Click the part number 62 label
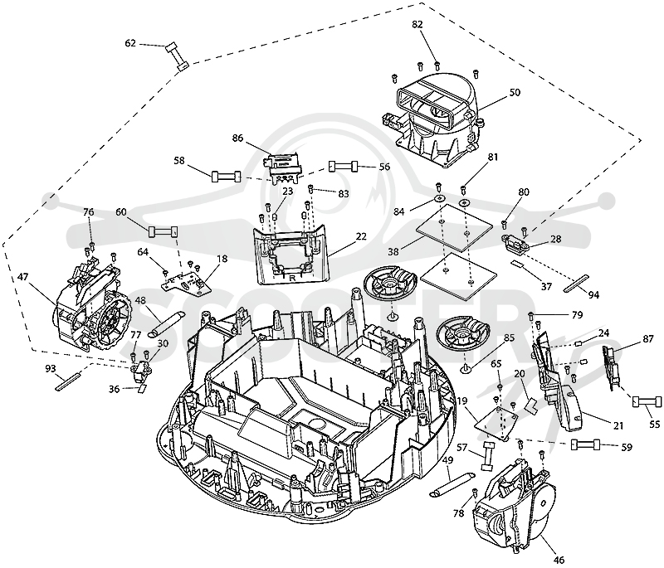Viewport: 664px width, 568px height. click(x=130, y=43)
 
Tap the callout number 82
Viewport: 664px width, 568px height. click(x=417, y=25)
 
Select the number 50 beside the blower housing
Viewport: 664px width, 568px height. click(x=515, y=92)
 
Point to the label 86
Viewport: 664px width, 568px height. click(x=238, y=138)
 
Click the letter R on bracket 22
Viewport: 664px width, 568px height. click(x=292, y=279)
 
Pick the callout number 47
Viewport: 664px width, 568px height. click(x=23, y=277)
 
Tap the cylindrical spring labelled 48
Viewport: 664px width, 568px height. click(x=165, y=324)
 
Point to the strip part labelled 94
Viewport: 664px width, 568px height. click(x=576, y=283)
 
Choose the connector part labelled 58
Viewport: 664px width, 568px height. click(x=226, y=176)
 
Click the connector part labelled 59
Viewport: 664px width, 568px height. click(x=586, y=445)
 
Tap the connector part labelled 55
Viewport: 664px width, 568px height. click(x=647, y=401)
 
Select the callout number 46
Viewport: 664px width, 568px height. click(x=559, y=560)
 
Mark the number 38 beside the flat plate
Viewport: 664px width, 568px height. click(x=393, y=251)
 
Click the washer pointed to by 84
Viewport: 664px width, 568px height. click(x=439, y=198)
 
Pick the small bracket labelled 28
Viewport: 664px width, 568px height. click(x=515, y=244)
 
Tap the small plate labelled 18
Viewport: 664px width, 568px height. click(x=183, y=283)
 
